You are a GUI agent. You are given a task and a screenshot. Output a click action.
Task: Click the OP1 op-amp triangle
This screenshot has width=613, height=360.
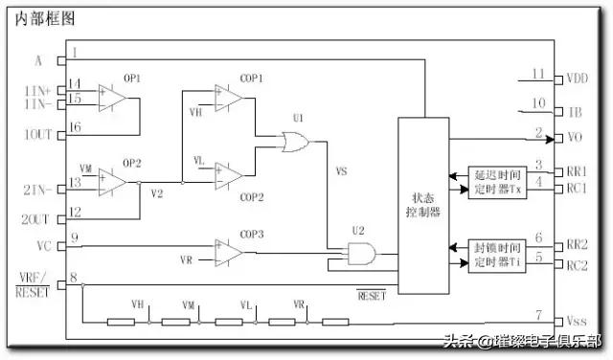tap(112, 97)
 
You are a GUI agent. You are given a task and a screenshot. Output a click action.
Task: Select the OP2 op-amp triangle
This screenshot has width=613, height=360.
tap(112, 180)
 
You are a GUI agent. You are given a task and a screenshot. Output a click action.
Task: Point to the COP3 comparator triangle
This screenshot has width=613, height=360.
tap(228, 251)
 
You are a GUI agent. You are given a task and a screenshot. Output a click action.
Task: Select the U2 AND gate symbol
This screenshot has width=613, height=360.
tap(360, 255)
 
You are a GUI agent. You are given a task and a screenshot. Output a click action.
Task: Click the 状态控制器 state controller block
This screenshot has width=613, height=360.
tap(422, 205)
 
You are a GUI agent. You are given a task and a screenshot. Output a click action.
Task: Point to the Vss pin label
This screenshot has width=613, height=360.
tap(577, 322)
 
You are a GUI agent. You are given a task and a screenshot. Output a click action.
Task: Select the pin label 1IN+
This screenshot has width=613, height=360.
tap(38, 88)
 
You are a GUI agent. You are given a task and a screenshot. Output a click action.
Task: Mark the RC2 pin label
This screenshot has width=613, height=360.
tap(578, 265)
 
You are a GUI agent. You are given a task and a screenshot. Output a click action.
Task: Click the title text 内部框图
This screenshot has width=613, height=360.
tap(45, 18)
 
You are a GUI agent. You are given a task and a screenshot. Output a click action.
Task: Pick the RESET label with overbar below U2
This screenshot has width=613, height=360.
tap(371, 296)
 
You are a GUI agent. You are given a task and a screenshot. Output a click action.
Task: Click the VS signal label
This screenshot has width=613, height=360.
tap(341, 172)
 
